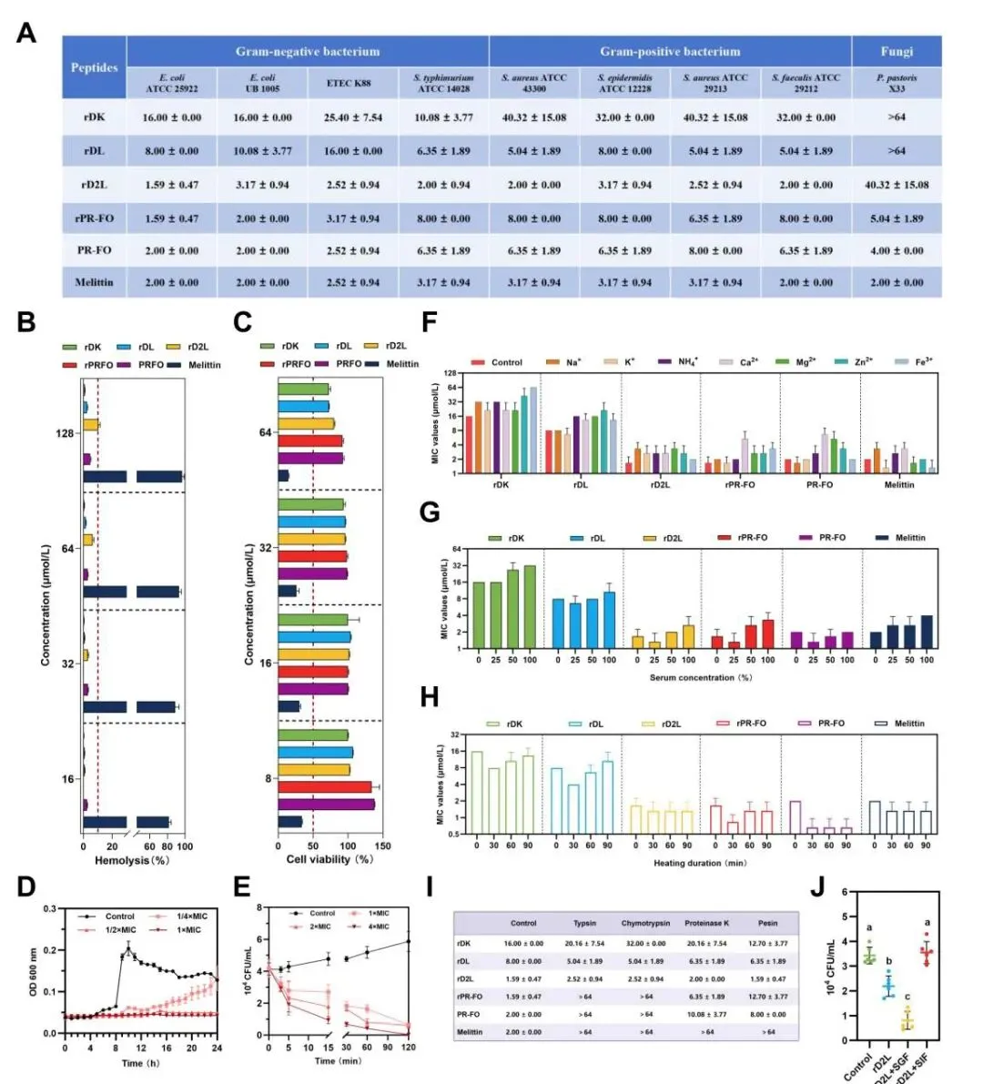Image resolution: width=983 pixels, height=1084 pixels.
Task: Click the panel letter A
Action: (x=26, y=34)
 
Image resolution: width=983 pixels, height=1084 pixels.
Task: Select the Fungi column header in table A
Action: (x=897, y=51)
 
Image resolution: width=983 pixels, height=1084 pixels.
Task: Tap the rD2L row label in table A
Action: (x=94, y=185)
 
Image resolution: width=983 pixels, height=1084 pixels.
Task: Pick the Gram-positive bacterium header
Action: (x=670, y=51)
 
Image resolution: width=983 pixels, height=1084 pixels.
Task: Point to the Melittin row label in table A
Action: (x=94, y=282)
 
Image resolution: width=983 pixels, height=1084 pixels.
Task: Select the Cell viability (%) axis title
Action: (x=329, y=859)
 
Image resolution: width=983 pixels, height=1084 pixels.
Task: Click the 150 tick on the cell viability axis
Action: (x=383, y=846)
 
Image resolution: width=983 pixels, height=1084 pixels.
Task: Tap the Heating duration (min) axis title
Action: (x=700, y=863)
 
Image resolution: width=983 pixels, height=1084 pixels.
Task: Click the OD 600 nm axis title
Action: (x=34, y=971)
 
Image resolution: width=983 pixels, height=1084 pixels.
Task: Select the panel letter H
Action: (x=430, y=698)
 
